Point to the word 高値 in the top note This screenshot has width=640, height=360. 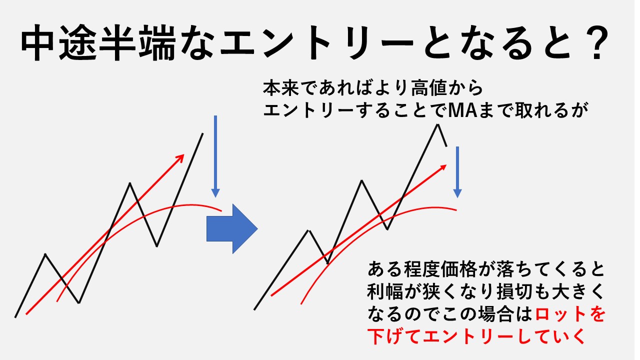coord(428,88)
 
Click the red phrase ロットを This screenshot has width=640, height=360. coord(569,314)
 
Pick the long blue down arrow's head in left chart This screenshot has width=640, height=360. coord(215,193)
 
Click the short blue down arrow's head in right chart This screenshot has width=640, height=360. coord(457,193)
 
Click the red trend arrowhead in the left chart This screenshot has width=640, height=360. coord(181,157)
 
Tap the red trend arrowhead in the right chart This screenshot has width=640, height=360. coord(443,167)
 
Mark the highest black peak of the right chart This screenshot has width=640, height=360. coord(437,124)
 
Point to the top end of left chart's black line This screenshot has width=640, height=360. coord(203,133)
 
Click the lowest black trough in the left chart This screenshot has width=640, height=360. coord(79,303)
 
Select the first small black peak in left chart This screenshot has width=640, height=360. coord(45,253)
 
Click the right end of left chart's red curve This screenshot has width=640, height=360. coord(221,211)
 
